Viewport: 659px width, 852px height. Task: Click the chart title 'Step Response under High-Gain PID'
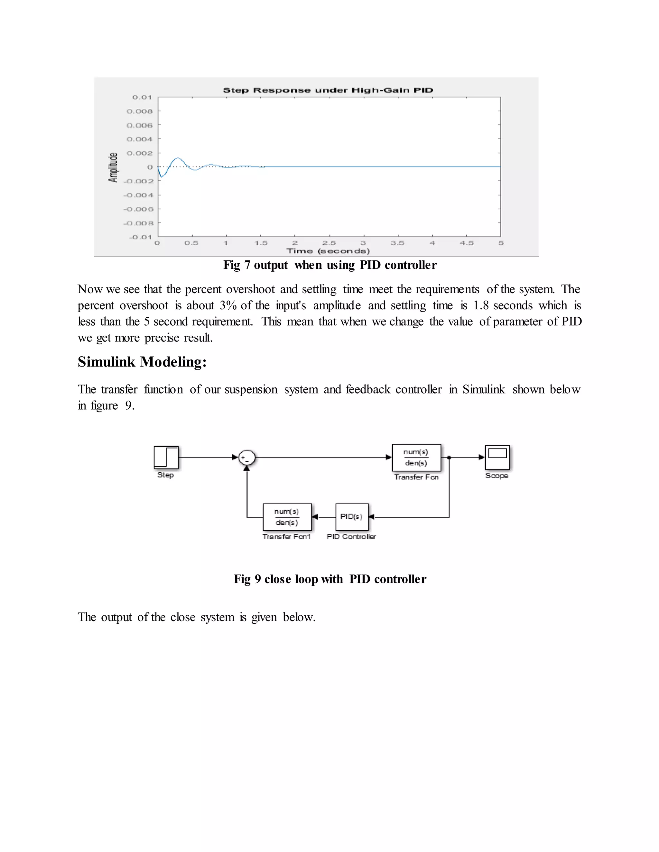coord(328,90)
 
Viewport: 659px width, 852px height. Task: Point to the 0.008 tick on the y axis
coord(139,111)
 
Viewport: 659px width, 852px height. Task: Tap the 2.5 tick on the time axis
coord(329,243)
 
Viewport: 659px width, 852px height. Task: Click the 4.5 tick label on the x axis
coord(466,243)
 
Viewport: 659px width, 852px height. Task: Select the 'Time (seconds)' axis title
coord(328,251)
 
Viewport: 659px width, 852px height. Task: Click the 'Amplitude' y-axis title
coord(113,168)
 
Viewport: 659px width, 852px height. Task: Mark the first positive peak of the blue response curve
coord(178,158)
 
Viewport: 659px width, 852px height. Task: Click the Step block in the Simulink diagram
coord(166,458)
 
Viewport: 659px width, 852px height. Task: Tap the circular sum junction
coord(247,458)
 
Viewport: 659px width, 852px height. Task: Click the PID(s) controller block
coord(351,517)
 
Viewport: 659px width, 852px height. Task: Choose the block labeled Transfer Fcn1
coord(287,517)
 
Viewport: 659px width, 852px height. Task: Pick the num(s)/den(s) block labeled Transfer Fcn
coord(416,458)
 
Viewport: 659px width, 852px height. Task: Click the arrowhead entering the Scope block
coord(482,458)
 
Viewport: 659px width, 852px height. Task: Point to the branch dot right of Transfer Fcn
coord(449,458)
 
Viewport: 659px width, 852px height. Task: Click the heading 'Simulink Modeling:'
coord(142,362)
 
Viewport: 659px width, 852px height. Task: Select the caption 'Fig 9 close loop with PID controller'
coord(330,578)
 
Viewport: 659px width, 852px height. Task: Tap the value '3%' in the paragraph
coord(228,305)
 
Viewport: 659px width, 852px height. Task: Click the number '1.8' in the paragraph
coord(481,305)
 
